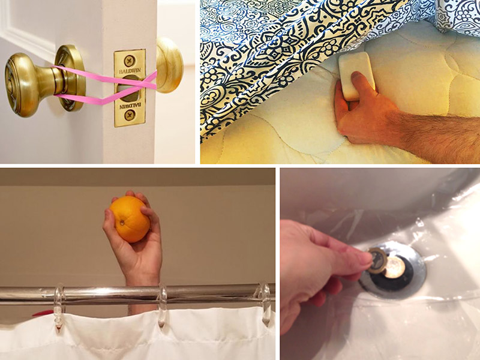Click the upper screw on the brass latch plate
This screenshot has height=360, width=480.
pyautogui.click(x=130, y=61)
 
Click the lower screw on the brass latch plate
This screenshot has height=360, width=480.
pyautogui.click(x=130, y=115)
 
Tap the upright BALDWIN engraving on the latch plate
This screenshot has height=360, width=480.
pyautogui.click(x=130, y=71)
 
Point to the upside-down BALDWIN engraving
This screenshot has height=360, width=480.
pyautogui.click(x=130, y=106)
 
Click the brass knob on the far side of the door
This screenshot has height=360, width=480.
pyautogui.click(x=170, y=65)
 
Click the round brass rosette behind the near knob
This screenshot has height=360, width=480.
pyautogui.click(x=70, y=78)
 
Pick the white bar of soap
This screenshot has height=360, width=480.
pyautogui.click(x=356, y=76)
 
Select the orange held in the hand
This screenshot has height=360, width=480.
pyautogui.click(x=130, y=219)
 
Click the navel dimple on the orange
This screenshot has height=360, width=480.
pyautogui.click(x=122, y=223)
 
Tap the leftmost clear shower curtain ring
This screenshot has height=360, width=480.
pyautogui.click(x=59, y=306)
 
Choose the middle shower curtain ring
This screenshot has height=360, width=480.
pyautogui.click(x=162, y=305)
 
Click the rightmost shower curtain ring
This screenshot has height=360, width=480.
pyautogui.click(x=266, y=304)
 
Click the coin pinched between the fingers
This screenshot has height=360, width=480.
pyautogui.click(x=377, y=260)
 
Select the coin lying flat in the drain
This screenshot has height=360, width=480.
pyautogui.click(x=395, y=268)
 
